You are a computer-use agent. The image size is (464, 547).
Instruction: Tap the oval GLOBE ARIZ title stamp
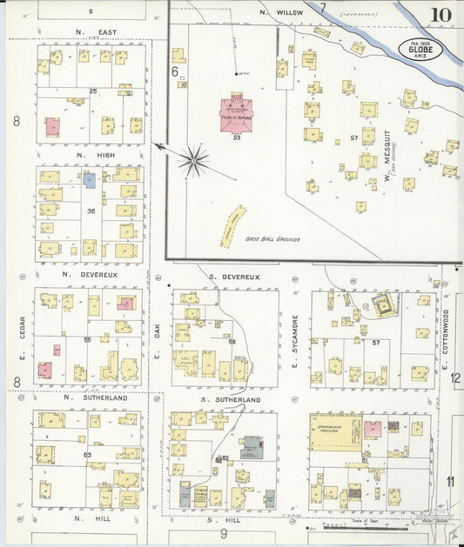tap(420, 50)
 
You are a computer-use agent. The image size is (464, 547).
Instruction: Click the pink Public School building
tap(237, 113)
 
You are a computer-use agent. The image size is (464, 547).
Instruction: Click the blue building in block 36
tap(89, 179)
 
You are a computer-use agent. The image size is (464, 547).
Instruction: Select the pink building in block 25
tap(53, 126)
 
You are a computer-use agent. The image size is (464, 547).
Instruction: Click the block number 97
tap(353, 137)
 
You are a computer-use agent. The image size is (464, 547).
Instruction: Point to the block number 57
tap(377, 343)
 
